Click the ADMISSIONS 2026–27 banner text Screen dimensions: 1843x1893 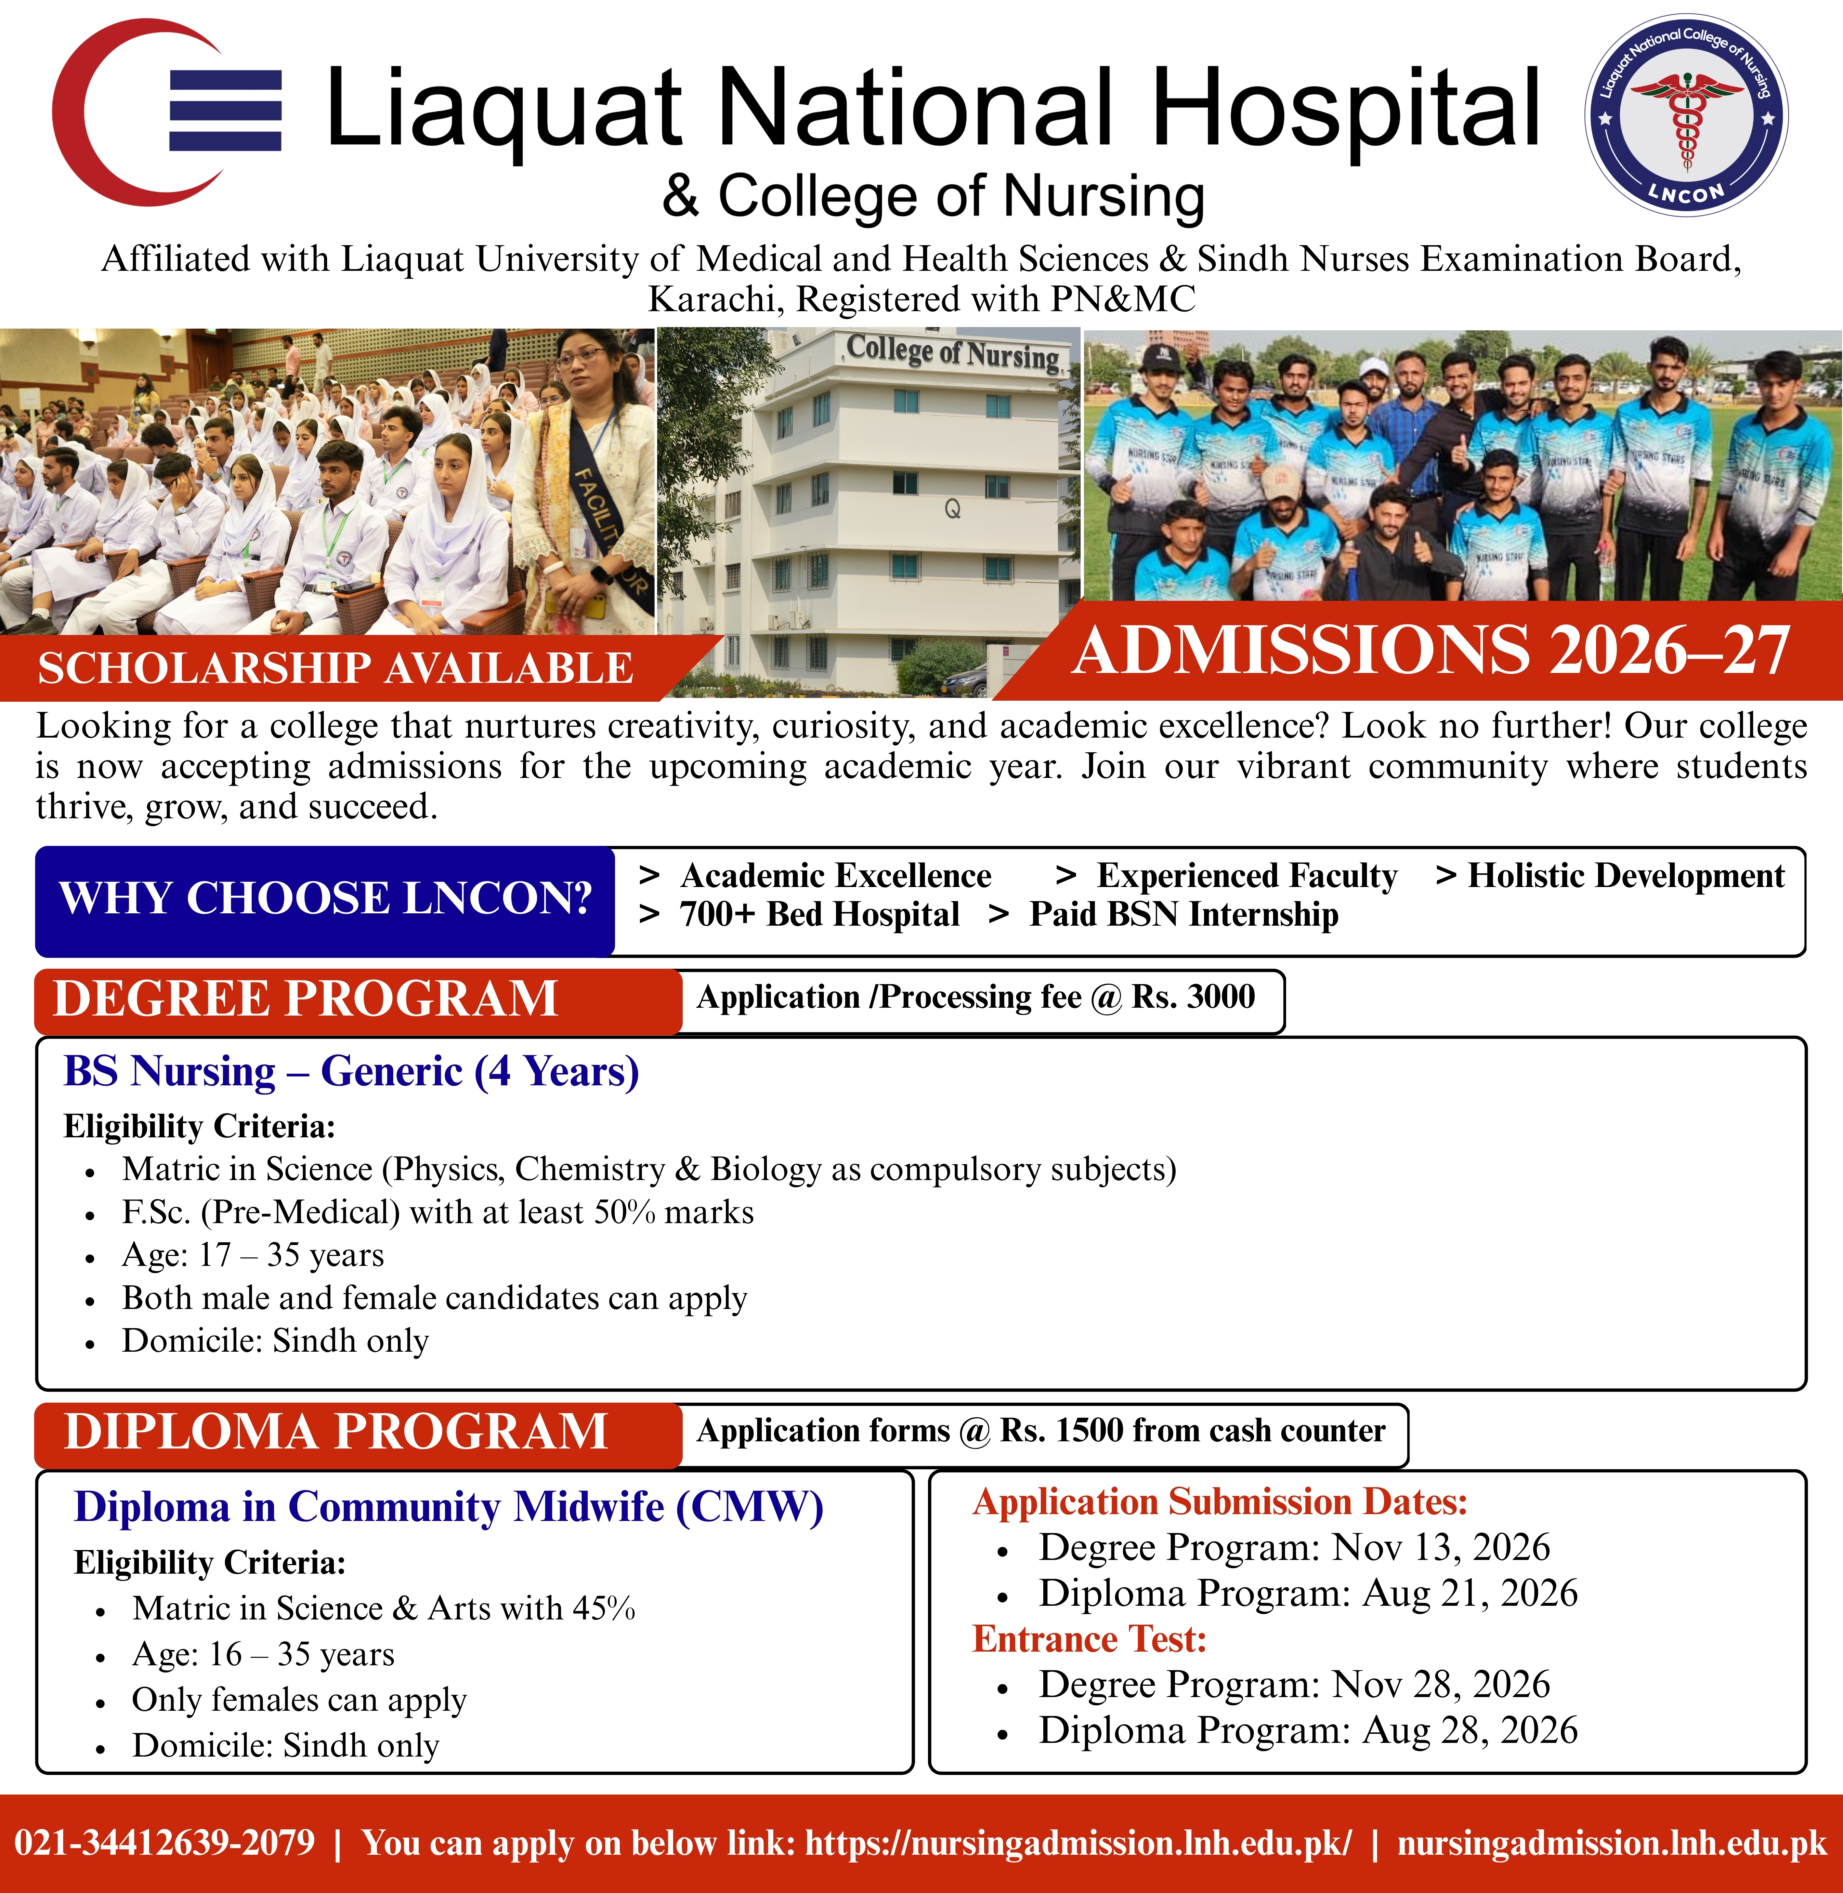tap(1430, 650)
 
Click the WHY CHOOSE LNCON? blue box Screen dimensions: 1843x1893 tap(324, 900)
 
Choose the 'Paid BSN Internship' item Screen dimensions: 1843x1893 tap(1183, 915)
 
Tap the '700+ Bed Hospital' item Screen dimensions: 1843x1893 tap(819, 915)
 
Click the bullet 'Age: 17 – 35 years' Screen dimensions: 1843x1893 tap(253, 1255)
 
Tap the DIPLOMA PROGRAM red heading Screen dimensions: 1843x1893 tap(336, 1432)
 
